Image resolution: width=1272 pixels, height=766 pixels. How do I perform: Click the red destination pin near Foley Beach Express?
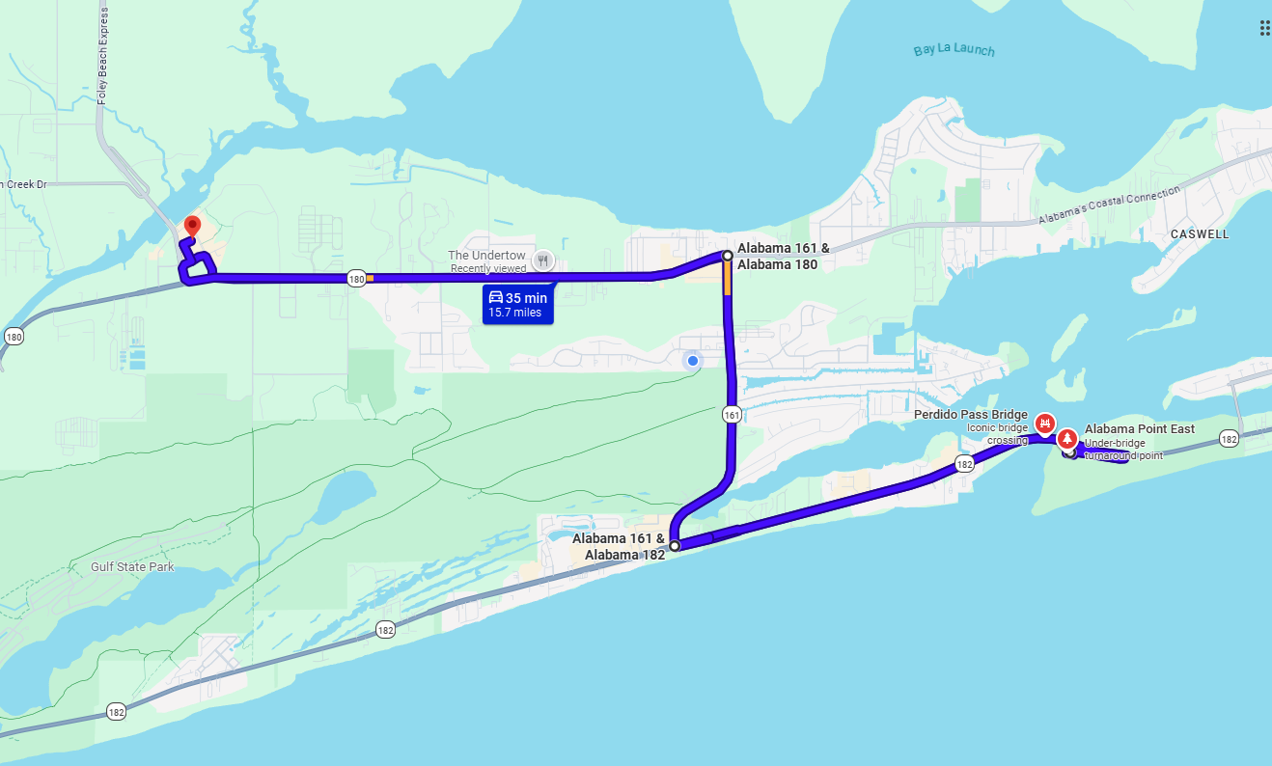coord(191,227)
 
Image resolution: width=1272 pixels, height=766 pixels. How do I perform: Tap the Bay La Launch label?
coord(954,50)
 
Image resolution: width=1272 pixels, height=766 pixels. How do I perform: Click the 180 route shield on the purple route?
coord(356,279)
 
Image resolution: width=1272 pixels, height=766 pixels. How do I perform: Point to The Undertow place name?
coord(486,256)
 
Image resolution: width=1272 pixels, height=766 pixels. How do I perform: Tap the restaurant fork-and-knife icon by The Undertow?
coord(543,260)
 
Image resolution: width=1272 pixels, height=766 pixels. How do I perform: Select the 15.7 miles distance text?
coord(514,313)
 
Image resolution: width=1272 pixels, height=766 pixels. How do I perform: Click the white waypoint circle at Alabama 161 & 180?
coord(728,256)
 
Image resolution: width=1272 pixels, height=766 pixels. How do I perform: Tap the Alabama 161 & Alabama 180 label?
coord(783,256)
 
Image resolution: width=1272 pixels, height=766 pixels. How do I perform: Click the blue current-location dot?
coord(692,361)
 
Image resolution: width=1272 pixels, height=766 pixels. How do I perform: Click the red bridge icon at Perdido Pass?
coord(1043,423)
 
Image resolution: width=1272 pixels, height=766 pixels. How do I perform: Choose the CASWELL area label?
coord(1199,234)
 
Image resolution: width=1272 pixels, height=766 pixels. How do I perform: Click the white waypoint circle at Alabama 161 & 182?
coord(675,546)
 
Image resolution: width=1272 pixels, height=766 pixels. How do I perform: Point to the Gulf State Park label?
coord(132,567)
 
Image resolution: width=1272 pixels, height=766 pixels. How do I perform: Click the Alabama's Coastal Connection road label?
coord(1109,207)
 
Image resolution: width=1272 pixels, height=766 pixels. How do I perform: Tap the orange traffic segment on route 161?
coord(727,279)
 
